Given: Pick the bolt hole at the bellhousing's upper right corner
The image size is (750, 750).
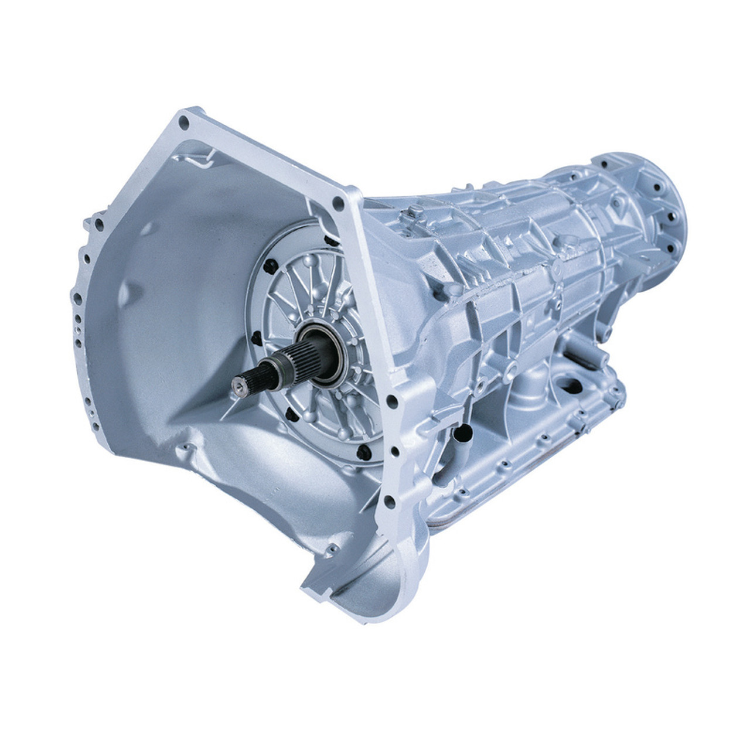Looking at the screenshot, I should [338, 203].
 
